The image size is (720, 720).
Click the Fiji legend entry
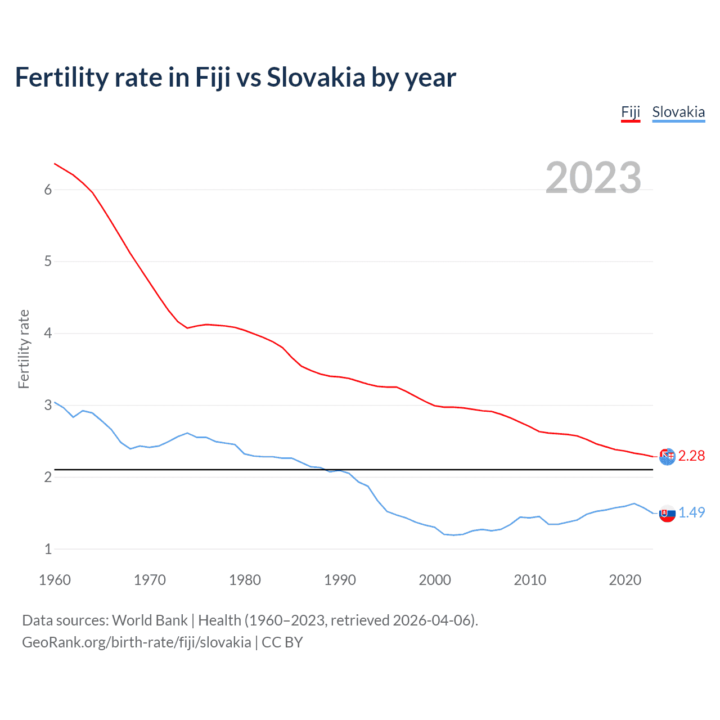(631, 112)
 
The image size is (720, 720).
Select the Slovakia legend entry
(678, 112)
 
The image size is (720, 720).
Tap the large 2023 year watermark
(593, 178)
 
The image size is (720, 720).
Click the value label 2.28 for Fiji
(691, 456)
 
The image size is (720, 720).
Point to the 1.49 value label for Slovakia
(691, 512)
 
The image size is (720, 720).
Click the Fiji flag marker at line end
(667, 457)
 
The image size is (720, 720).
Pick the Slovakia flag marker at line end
(667, 514)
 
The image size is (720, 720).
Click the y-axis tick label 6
(48, 190)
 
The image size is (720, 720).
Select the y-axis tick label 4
(48, 334)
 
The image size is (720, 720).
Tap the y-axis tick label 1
(48, 549)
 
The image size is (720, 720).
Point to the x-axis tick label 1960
(55, 580)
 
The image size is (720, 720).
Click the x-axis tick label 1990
(340, 580)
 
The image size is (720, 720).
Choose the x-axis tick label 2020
(625, 580)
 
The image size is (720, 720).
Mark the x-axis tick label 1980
(245, 580)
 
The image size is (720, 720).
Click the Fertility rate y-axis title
(24, 349)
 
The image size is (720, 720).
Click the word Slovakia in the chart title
(316, 78)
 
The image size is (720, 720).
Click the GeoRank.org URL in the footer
(136, 642)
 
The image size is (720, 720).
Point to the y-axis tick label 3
(48, 406)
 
